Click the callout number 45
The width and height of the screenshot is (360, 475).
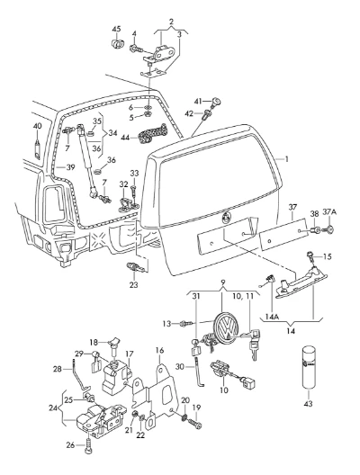[x=117, y=29]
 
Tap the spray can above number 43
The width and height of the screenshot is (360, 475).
[x=309, y=367]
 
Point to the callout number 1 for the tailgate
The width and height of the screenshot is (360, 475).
[x=286, y=159]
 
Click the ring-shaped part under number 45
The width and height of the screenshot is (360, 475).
[x=117, y=43]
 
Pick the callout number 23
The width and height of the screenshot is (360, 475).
[x=133, y=285]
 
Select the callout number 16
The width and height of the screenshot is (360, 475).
[x=159, y=351]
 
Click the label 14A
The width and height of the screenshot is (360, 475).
[x=272, y=317]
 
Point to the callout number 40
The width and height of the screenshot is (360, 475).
[x=37, y=126]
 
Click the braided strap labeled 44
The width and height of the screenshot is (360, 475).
[x=152, y=133]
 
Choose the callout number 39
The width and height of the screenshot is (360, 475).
[x=70, y=167]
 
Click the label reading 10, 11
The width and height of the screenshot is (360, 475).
[x=243, y=296]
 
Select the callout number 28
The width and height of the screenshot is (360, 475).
[x=58, y=369]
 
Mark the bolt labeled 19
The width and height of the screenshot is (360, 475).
[x=194, y=424]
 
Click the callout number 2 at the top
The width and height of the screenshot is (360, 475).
[x=172, y=22]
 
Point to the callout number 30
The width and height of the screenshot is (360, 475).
[x=180, y=366]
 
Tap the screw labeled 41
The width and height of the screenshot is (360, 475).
[x=217, y=101]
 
